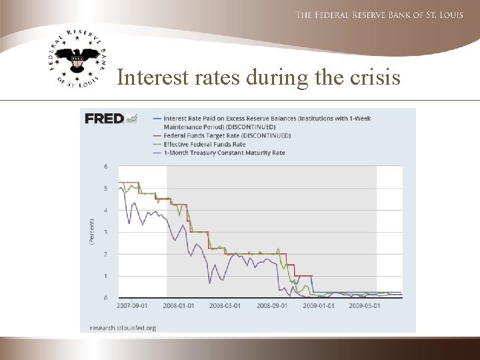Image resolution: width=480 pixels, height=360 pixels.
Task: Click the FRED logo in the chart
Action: click(x=104, y=119)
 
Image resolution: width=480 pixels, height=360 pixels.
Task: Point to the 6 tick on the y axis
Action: click(x=105, y=167)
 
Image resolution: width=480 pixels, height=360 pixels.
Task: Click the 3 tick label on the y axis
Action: click(x=105, y=232)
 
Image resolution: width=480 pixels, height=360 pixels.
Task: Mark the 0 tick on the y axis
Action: click(x=105, y=298)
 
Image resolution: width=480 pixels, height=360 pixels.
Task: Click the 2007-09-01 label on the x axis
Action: click(x=133, y=306)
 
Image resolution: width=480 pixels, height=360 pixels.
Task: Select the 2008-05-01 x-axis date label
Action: click(x=224, y=306)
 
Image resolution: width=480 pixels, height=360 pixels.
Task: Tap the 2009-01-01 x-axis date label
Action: click(x=317, y=306)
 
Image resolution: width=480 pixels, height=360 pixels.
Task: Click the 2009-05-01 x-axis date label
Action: click(x=364, y=306)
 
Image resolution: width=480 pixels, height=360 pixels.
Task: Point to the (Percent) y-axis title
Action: click(x=92, y=231)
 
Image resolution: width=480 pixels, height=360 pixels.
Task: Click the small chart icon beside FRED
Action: click(x=132, y=118)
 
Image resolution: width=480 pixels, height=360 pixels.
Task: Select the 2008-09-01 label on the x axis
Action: click(x=271, y=306)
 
